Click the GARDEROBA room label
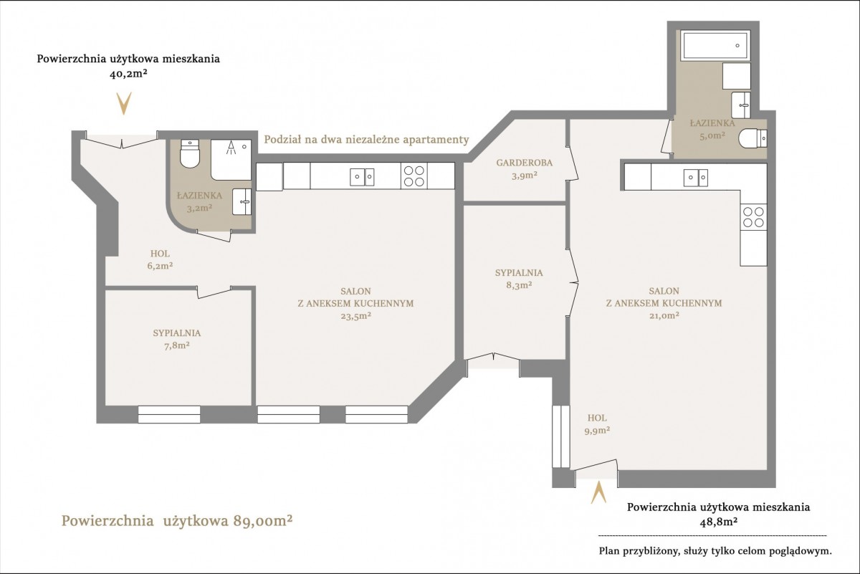tap(524, 163)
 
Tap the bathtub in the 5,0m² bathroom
tap(716, 45)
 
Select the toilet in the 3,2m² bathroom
tap(190, 153)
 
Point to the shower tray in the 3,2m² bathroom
tap(231, 160)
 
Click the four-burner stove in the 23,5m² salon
tap(414, 176)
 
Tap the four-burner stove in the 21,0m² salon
tap(754, 217)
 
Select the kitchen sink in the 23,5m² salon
tap(362, 177)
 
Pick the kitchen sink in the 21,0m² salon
tap(696, 178)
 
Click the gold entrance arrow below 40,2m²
tap(124, 103)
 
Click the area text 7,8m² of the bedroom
tap(176, 345)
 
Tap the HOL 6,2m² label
tap(160, 259)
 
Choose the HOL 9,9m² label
tap(598, 424)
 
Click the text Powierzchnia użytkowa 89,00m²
tap(177, 521)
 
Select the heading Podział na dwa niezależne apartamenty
tap(367, 139)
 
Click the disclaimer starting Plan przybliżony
tap(715, 551)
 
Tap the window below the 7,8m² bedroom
tap(169, 414)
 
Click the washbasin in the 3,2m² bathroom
tap(242, 201)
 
